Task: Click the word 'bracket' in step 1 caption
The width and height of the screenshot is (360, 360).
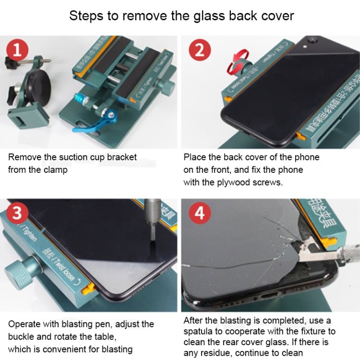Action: [121, 157]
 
